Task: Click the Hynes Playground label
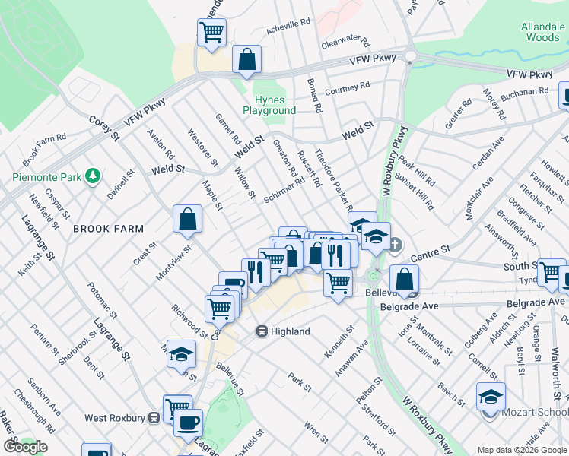[269, 106]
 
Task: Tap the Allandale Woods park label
[541, 32]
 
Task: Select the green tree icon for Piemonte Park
[93, 176]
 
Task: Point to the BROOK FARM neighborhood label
[103, 228]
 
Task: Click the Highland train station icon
[261, 331]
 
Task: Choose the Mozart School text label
[534, 413]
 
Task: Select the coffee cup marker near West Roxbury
[188, 422]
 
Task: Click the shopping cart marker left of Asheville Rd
[211, 32]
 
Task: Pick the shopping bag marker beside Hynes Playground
[246, 59]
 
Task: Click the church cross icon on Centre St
[394, 245]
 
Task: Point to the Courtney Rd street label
[347, 89]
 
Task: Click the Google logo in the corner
[25, 447]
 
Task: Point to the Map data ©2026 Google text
[522, 450]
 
